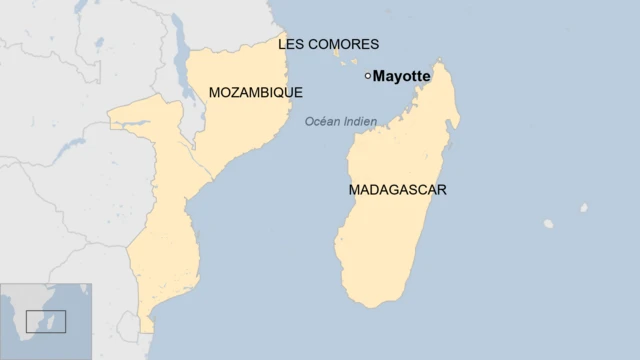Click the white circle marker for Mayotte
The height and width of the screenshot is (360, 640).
coord(368,75)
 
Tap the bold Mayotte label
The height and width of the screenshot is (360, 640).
coord(402,76)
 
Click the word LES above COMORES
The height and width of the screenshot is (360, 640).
coord(291,44)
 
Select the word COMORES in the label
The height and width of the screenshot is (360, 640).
coord(344,44)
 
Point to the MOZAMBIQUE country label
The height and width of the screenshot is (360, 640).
coord(256,92)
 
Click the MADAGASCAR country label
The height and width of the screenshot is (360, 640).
coord(397,189)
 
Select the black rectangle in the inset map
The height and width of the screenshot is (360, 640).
coord(45,321)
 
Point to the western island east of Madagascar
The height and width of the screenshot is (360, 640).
coord(548,223)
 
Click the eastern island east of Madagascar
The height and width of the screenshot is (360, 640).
coord(583,208)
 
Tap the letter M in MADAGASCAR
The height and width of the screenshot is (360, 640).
coord(355,189)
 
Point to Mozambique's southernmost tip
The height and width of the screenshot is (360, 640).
coord(146,331)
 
